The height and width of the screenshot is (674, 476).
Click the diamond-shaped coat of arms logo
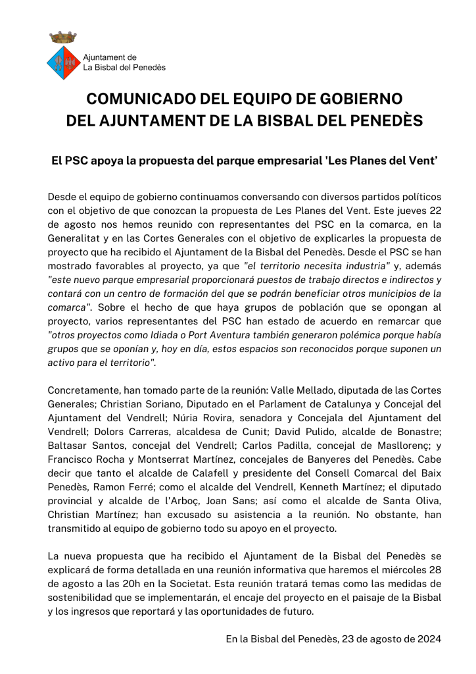click(64, 63)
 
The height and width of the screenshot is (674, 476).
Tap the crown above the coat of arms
click(64, 36)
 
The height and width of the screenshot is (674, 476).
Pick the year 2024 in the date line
click(427, 639)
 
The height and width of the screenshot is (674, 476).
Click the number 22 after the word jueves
click(434, 210)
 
